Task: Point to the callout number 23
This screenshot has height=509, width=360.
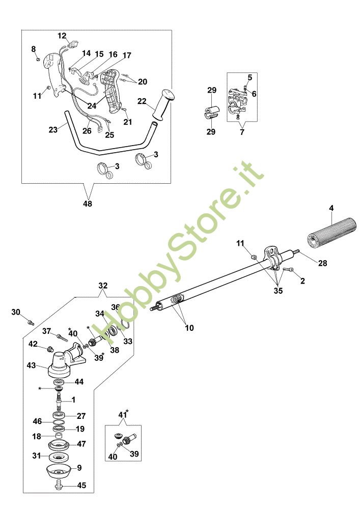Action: pyautogui.click(x=53, y=130)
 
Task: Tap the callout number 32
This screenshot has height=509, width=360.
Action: pyautogui.click(x=103, y=286)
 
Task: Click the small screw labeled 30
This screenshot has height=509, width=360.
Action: pyautogui.click(x=30, y=322)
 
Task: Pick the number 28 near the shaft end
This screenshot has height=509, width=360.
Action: pyautogui.click(x=323, y=263)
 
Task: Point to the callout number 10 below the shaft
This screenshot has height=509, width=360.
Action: pyautogui.click(x=189, y=328)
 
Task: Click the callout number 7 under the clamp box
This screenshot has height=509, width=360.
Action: pyautogui.click(x=242, y=132)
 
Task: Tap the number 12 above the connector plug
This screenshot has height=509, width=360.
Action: pyautogui.click(x=62, y=36)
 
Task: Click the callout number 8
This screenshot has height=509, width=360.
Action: pyautogui.click(x=34, y=49)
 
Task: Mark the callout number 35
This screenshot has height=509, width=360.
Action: pyautogui.click(x=278, y=292)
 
